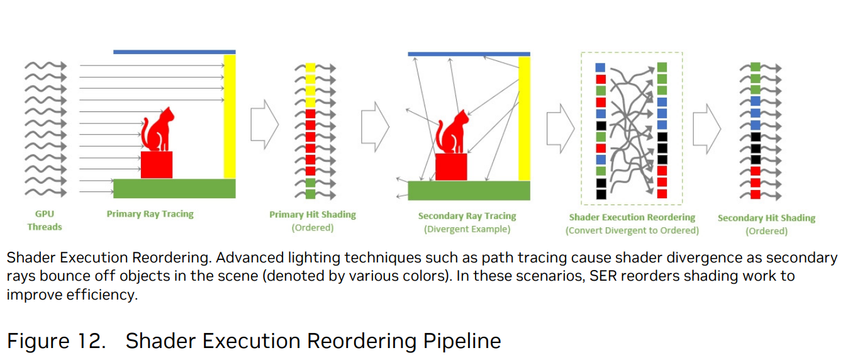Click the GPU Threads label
point(45,220)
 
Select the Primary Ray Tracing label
point(150,214)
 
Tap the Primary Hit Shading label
point(313,215)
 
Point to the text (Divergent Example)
point(467,229)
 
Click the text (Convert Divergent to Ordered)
point(632,230)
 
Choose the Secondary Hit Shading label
point(766,218)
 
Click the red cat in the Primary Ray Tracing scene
point(157,129)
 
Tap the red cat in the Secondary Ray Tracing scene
point(452,132)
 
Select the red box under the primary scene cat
point(157,164)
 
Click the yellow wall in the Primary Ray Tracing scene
point(230,116)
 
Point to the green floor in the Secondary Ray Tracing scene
point(469,191)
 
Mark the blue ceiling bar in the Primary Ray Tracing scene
point(174,52)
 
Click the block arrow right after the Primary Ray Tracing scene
point(265,124)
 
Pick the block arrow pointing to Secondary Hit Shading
point(706,129)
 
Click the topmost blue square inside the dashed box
point(600,68)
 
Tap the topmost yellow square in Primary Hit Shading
point(311,67)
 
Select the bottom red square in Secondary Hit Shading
point(756,194)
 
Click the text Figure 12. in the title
point(56,340)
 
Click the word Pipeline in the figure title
point(462,342)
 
